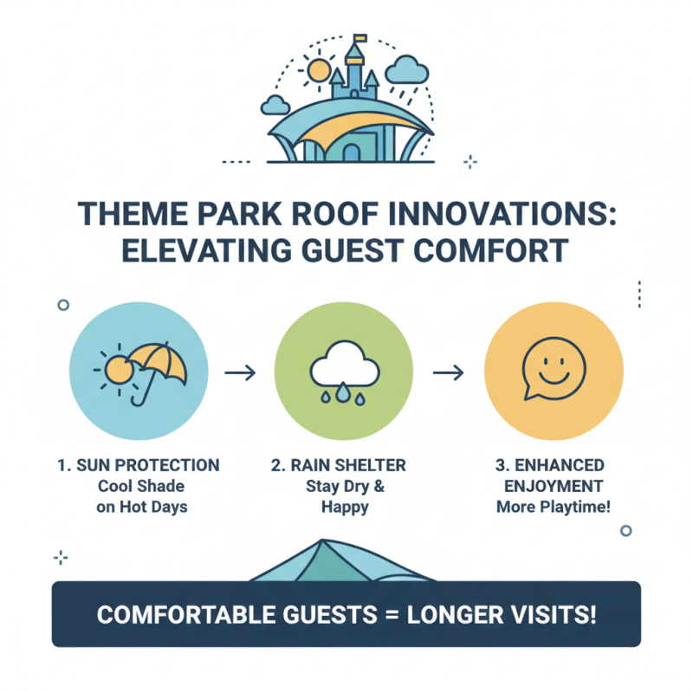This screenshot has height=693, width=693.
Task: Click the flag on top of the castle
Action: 359,39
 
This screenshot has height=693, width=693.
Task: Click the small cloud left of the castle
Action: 275,105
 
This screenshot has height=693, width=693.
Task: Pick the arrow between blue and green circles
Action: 240,372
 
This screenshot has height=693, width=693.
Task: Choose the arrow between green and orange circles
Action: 449,372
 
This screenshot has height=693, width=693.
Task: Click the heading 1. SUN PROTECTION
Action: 139,465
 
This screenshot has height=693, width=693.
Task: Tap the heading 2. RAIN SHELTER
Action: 346,465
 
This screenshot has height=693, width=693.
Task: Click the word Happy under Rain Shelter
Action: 345,507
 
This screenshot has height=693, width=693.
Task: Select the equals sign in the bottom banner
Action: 389,615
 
